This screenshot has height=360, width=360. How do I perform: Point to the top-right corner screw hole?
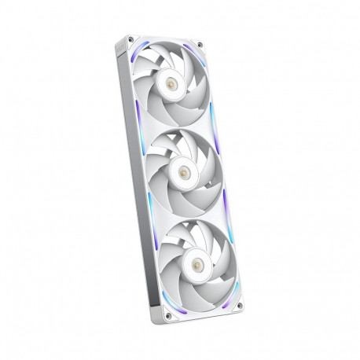[x=200, y=46]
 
